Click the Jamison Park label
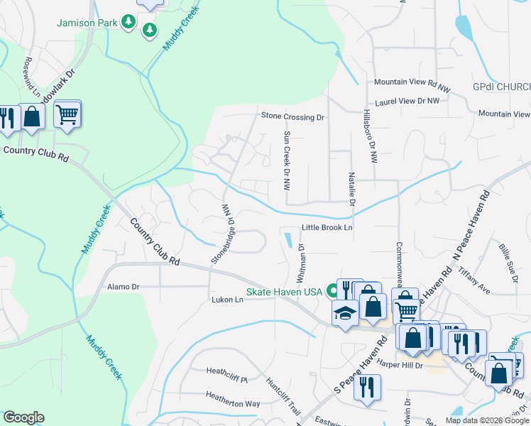(87, 23)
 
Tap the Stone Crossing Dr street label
(292, 116)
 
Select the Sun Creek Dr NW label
(287, 161)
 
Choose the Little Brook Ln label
(327, 228)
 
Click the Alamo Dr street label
(123, 287)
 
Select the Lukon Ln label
(227, 300)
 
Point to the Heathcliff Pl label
(226, 371)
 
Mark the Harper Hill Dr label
(400, 365)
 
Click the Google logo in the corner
(23, 417)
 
